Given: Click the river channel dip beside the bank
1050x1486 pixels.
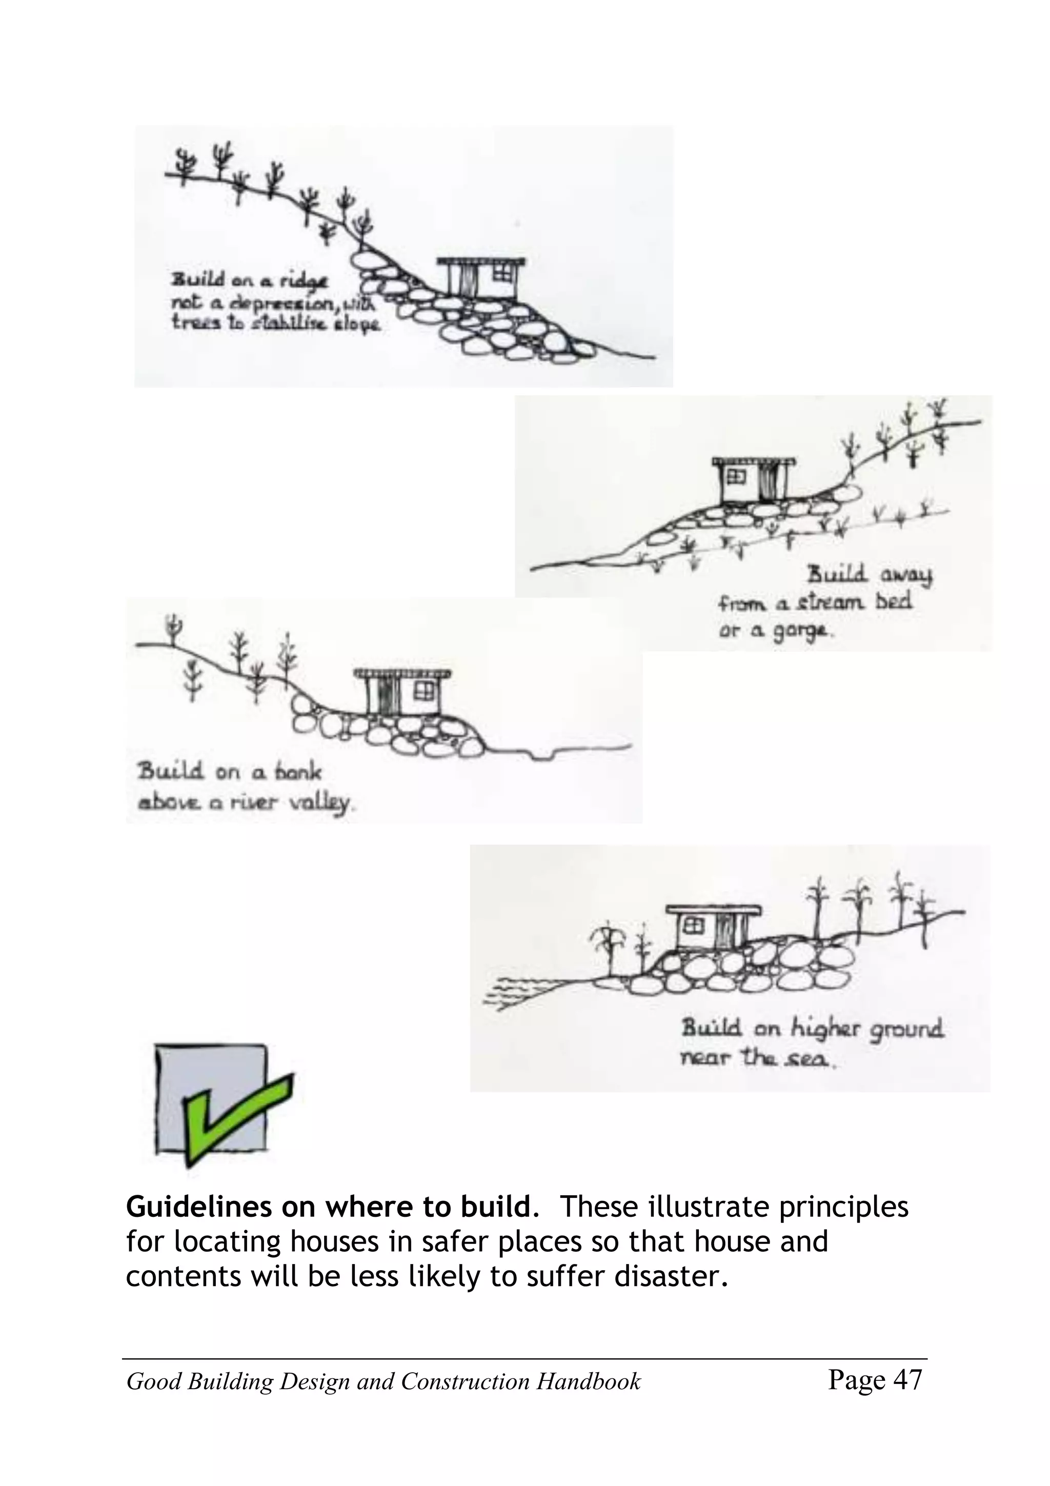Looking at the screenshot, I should (541, 753).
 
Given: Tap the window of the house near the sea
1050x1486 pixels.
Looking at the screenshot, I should (693, 926).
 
